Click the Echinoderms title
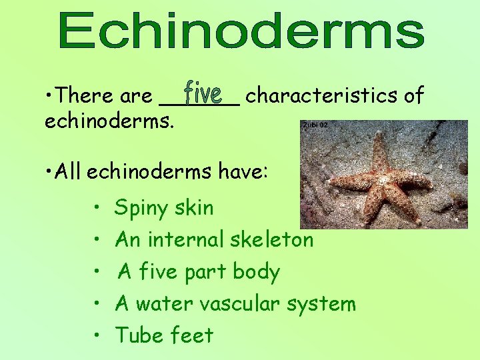click(241, 31)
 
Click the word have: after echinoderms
click(243, 172)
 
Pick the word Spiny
click(141, 208)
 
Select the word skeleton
click(273, 239)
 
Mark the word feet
click(193, 335)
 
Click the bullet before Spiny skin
click(97, 207)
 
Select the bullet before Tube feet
click(97, 335)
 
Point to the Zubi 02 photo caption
click(315, 125)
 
